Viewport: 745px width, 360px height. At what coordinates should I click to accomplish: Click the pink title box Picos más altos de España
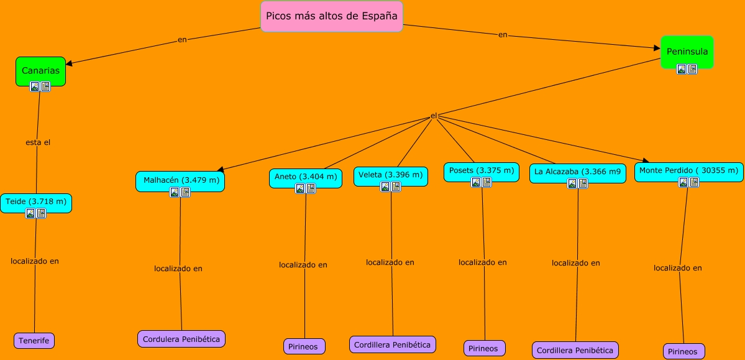tap(331, 17)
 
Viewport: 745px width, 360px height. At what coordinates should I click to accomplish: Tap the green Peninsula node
tap(687, 51)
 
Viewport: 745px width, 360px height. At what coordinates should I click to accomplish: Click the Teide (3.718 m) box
tap(36, 201)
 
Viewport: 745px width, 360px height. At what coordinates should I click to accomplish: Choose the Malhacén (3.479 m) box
tap(180, 180)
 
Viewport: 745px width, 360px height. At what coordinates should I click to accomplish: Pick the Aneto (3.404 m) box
tap(305, 177)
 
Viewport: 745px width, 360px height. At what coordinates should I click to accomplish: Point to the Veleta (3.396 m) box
tap(391, 175)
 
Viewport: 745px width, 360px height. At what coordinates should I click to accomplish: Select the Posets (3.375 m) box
tap(482, 170)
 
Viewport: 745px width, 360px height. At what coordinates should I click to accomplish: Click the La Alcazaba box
tap(577, 172)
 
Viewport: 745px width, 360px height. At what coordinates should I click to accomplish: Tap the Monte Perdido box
tap(688, 170)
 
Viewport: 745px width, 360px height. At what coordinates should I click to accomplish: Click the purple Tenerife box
tap(34, 341)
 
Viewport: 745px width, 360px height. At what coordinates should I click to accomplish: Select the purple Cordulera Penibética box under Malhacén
tap(181, 339)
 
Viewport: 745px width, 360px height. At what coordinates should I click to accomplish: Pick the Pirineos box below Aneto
tap(304, 346)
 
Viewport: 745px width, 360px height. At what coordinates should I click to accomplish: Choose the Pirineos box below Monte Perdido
tap(683, 351)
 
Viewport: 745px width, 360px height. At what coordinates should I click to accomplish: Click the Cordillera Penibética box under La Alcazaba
tap(575, 350)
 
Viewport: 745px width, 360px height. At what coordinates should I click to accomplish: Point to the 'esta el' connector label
tap(38, 142)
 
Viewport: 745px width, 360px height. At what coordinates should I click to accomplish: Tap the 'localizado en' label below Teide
tap(35, 261)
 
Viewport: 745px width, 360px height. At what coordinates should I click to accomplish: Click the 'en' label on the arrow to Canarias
tap(182, 40)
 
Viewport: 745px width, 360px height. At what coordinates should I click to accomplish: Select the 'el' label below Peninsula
tap(434, 116)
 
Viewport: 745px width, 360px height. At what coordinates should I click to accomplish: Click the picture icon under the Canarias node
tap(35, 86)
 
